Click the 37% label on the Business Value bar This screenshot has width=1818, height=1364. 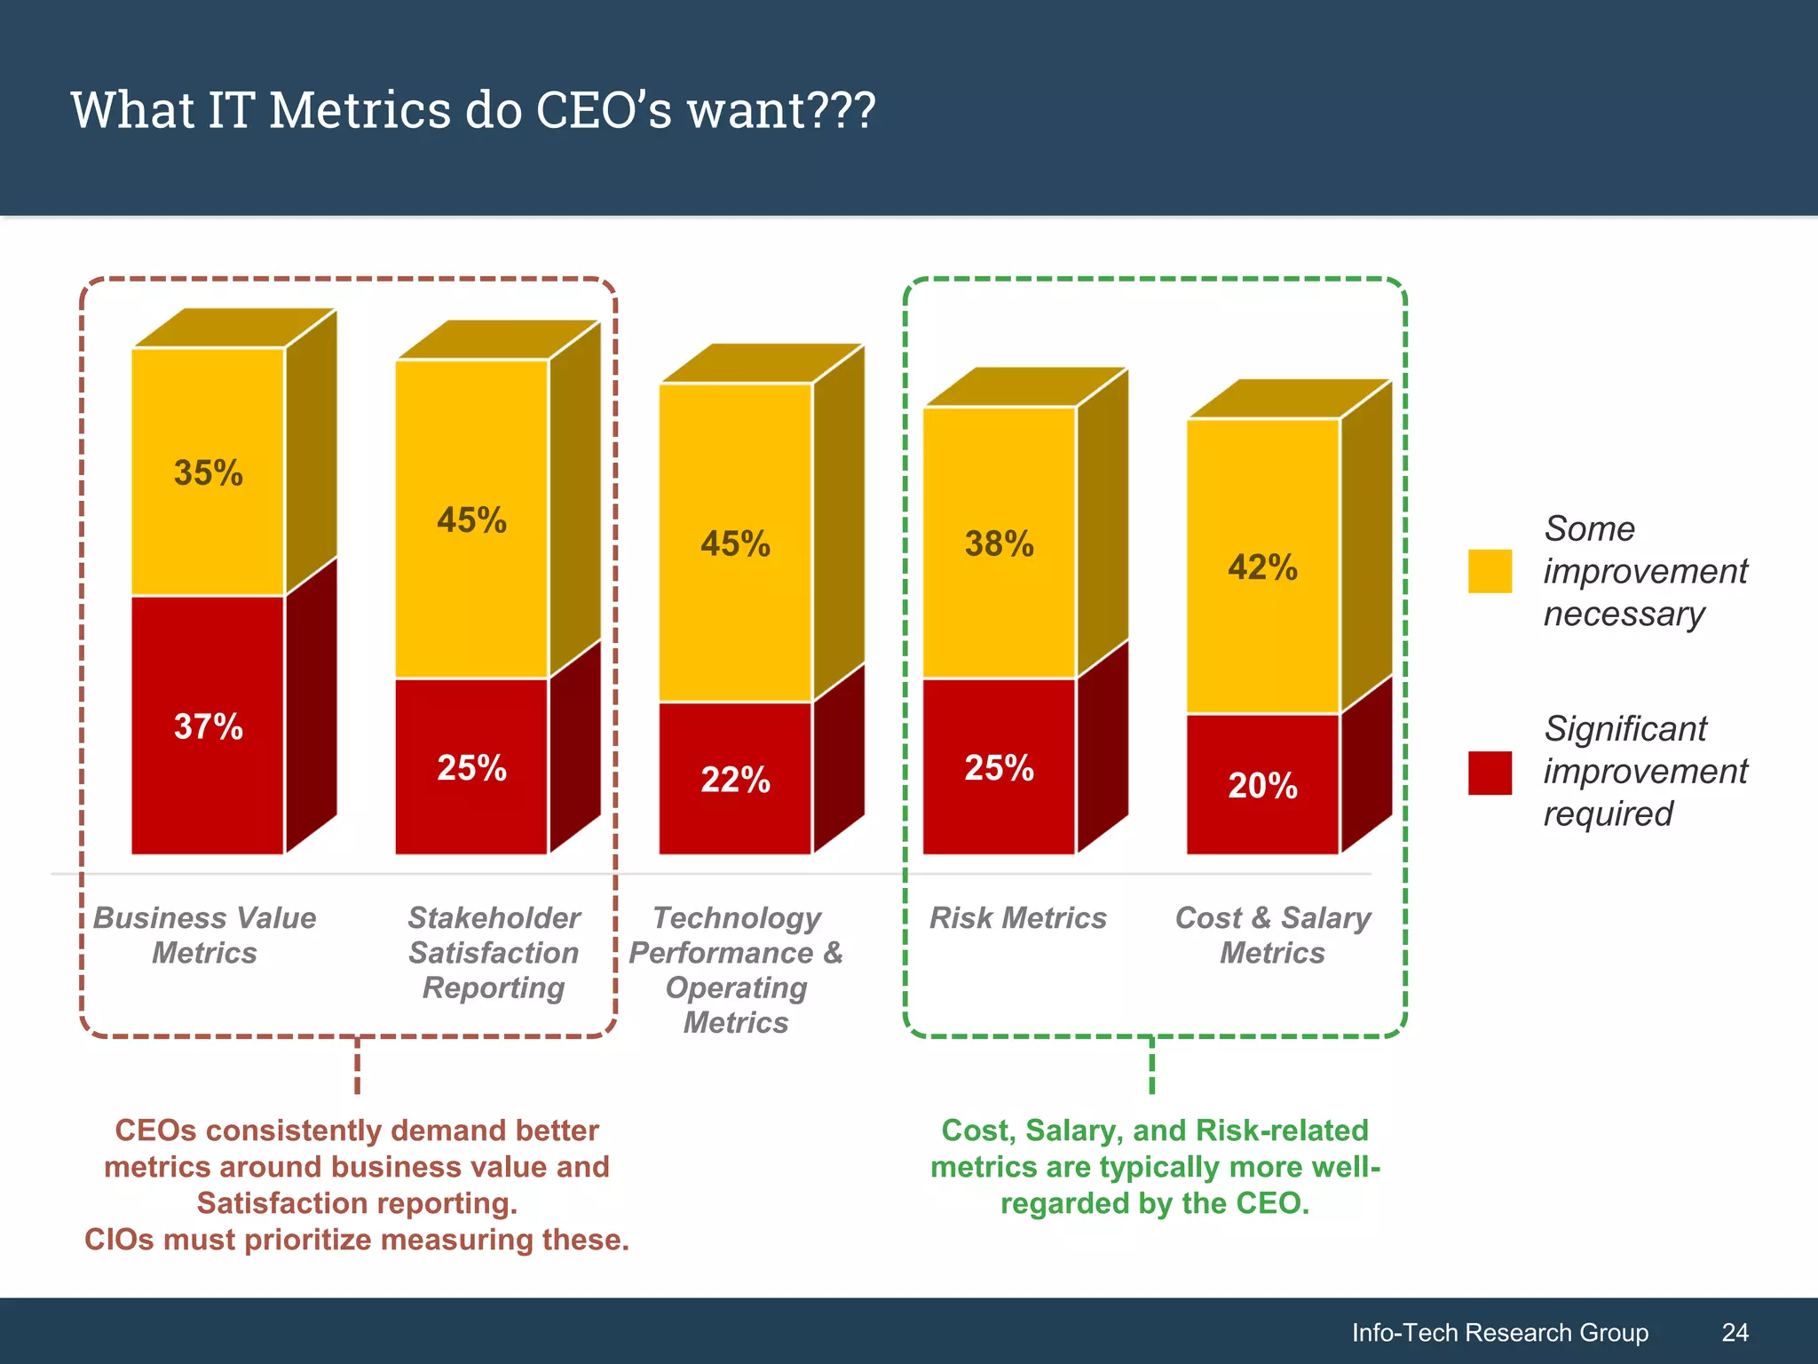[209, 726]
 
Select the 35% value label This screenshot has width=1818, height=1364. [209, 472]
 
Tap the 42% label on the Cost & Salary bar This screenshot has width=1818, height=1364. [1262, 567]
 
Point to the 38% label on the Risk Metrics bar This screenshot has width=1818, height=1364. [1000, 543]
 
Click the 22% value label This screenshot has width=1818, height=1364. [735, 780]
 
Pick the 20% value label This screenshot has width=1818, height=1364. [1262, 785]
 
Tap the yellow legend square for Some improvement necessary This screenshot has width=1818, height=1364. [1490, 571]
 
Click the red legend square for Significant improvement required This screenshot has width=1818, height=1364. [1490, 773]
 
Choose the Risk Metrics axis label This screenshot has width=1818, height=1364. [1017, 917]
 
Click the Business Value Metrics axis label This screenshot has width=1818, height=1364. [204, 934]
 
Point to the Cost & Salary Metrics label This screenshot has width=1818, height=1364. [1272, 934]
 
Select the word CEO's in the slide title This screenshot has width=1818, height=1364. [604, 110]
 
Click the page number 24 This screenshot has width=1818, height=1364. [1735, 1332]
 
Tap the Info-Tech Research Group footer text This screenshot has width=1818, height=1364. [1499, 1332]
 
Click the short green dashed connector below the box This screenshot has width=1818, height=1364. [1151, 1066]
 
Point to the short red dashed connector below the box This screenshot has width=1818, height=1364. [357, 1066]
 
